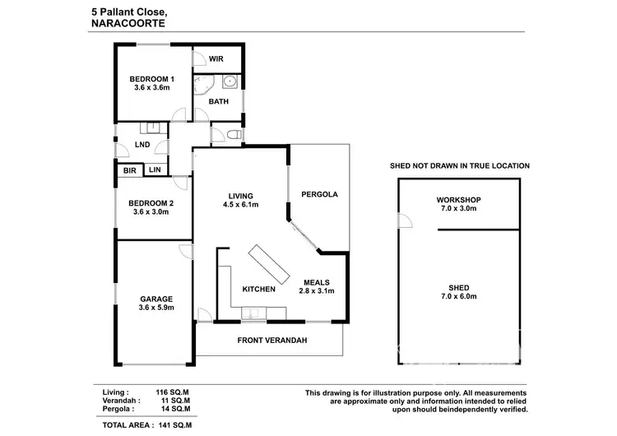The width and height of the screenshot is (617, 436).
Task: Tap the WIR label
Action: pos(217,59)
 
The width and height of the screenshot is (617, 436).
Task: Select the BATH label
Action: pos(218,101)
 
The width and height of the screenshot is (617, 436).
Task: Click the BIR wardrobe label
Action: pos(129,170)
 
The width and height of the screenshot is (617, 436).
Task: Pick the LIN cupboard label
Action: pos(155,170)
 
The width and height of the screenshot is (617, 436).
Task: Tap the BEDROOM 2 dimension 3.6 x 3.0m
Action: pos(151,211)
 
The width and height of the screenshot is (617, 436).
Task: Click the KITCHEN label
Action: pos(258,290)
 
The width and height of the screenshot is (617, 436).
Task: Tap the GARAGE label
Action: pos(155,299)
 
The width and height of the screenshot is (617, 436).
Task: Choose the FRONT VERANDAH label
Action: pos(268,339)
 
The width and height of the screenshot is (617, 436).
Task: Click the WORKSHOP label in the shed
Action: pos(459,200)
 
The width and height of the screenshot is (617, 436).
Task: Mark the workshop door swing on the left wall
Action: pos(403,220)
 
